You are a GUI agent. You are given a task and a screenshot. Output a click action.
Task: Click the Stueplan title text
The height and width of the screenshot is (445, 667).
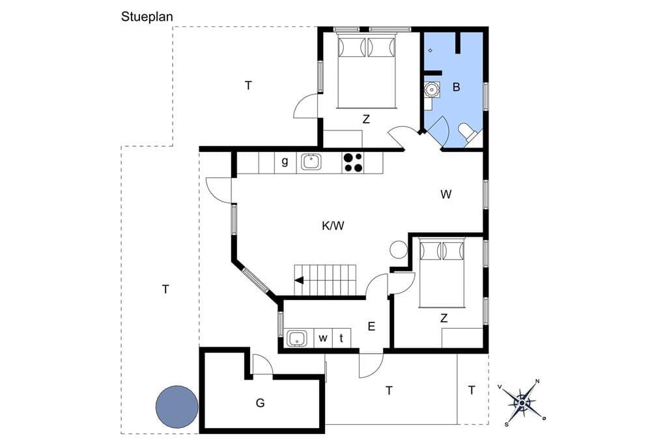coord(147,17)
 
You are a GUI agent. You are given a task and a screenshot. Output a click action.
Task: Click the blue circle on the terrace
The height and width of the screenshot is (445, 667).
coord(177,407)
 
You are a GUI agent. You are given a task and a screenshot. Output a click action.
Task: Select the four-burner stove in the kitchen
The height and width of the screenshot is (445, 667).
coord(352,163)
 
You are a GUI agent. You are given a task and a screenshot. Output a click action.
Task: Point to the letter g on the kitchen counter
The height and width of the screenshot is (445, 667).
coord(285,162)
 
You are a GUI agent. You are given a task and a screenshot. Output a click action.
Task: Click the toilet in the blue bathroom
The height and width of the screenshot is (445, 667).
coord(469,132)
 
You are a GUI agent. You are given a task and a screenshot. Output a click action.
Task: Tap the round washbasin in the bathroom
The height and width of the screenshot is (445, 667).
coord(432,90)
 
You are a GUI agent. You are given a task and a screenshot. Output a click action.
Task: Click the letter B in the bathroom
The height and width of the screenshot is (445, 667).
coord(457,87)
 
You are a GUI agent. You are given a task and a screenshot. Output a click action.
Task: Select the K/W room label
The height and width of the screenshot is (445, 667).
coord(333,226)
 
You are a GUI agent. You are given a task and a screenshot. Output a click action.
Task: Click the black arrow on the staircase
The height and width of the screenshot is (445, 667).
coord(299,280)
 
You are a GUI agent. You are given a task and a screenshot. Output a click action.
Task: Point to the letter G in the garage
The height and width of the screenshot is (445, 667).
coord(261,403)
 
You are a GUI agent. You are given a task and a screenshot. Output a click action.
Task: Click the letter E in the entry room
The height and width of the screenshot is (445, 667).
coord(371,327)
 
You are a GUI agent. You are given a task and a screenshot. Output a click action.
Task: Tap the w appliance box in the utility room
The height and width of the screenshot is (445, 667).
coord(323,338)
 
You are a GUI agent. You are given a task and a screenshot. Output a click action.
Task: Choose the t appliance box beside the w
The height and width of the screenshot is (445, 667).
coord(341,338)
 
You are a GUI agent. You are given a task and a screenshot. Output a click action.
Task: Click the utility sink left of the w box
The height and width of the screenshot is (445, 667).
coord(297,339)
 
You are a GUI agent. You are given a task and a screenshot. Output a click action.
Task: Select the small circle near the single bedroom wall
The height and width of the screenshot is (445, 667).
coord(399,250)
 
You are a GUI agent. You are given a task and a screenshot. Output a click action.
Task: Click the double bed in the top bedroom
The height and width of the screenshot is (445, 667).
coord(367,71)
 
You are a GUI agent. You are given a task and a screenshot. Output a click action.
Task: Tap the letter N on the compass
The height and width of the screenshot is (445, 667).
coord(537,381)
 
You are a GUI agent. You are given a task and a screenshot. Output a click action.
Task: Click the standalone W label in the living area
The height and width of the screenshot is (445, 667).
coord(446,195)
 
